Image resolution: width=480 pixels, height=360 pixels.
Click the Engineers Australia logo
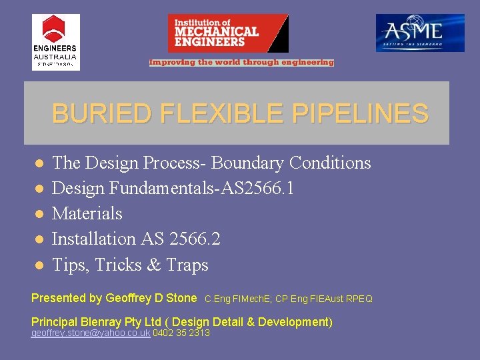pyautogui.click(x=55, y=42)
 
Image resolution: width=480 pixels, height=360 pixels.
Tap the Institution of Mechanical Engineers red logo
pyautogui.click(x=228, y=33)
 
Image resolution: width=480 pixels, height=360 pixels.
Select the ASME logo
pyautogui.click(x=420, y=33)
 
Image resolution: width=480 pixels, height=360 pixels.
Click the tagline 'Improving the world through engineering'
pyautogui.click(x=241, y=63)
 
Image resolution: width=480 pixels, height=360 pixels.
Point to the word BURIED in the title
pyautogui.click(x=101, y=114)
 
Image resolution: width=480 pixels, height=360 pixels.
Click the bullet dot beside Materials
pyautogui.click(x=39, y=213)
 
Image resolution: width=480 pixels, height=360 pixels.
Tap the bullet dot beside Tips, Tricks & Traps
pyautogui.click(x=39, y=265)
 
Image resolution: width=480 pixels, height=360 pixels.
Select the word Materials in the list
pyautogui.click(x=87, y=213)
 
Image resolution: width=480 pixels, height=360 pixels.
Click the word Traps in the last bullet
pyautogui.click(x=187, y=265)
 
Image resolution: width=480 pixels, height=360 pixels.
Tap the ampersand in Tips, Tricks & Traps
pyautogui.click(x=153, y=265)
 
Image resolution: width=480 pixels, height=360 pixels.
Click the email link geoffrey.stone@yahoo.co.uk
pyautogui.click(x=91, y=333)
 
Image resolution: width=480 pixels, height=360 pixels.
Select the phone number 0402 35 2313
pyautogui.click(x=181, y=333)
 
